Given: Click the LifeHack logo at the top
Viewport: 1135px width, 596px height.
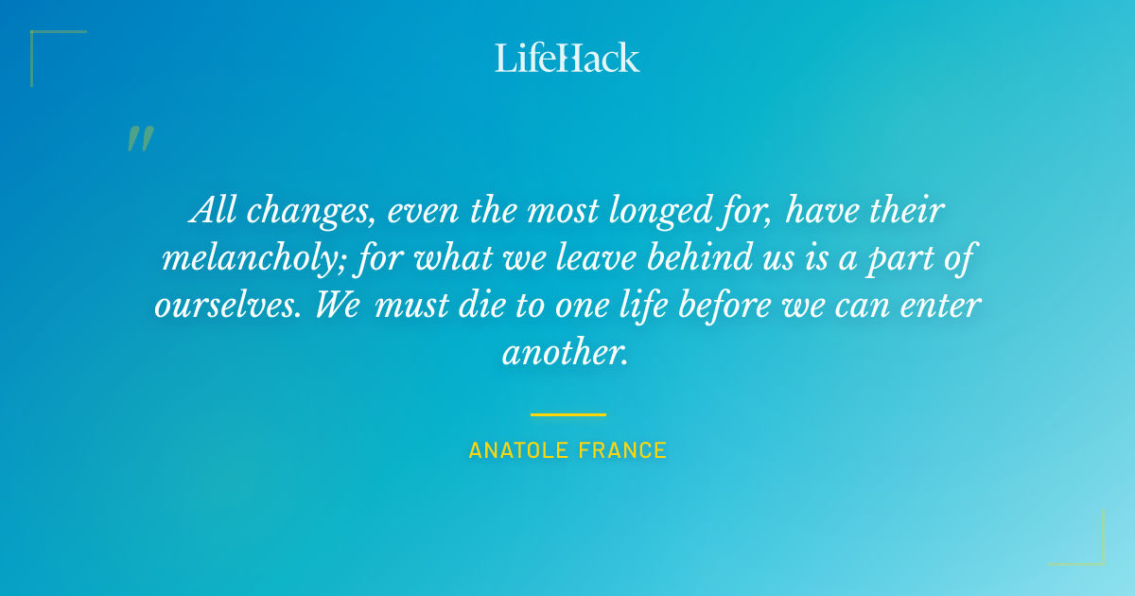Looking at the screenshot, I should [567, 58].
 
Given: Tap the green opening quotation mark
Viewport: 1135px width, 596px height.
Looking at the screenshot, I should [140, 139].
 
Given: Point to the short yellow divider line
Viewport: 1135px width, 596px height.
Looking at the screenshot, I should [567, 414].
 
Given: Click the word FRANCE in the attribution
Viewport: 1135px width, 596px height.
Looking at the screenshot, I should [626, 451].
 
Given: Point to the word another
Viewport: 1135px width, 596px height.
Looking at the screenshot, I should [565, 353].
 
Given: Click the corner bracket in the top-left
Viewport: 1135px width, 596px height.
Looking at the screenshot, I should [43, 43].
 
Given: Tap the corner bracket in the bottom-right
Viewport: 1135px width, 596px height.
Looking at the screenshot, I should [1092, 553].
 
